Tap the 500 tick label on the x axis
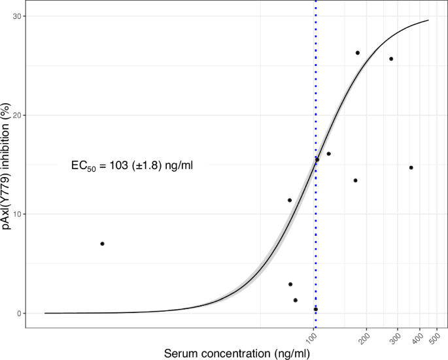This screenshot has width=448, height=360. coord(432,338)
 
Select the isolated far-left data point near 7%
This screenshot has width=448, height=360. coord(102,244)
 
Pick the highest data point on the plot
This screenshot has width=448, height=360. coord(358,53)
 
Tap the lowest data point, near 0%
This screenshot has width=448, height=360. coord(315,309)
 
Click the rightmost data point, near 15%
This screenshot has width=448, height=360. coord(411,168)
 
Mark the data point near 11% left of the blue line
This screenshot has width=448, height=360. coord(290,200)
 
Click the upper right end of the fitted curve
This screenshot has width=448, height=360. coord(428,20)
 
